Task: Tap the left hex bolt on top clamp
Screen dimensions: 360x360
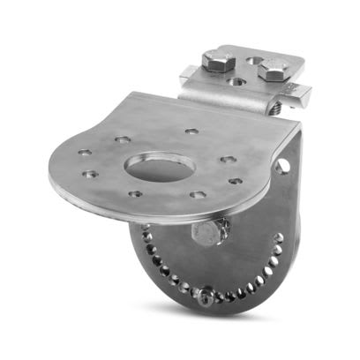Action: point(216,61)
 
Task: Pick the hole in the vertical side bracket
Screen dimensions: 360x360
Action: point(283,165)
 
